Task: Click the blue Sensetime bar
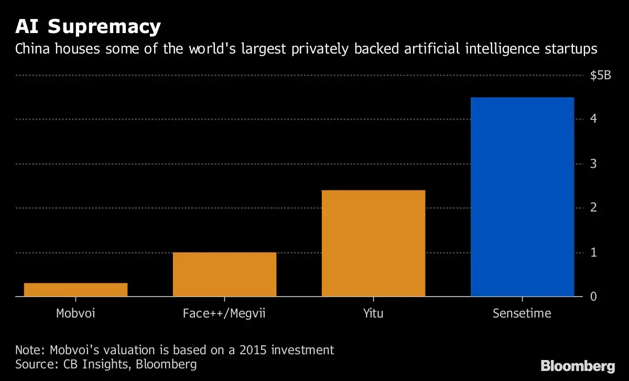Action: [522, 197]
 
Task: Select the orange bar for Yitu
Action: [373, 244]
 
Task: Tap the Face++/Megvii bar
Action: [224, 274]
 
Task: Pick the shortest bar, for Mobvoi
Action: [75, 290]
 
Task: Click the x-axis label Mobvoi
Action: [75, 314]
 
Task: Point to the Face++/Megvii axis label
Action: [224, 314]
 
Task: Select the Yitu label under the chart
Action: [373, 314]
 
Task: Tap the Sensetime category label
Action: [522, 314]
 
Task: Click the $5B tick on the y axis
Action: [600, 76]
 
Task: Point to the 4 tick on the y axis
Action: [593, 120]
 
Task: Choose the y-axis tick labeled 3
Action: [593, 164]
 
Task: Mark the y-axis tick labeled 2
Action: [593, 208]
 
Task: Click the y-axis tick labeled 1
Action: [593, 252]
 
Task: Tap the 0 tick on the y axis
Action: [593, 297]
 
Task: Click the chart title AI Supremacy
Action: [88, 26]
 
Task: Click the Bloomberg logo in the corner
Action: [578, 366]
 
